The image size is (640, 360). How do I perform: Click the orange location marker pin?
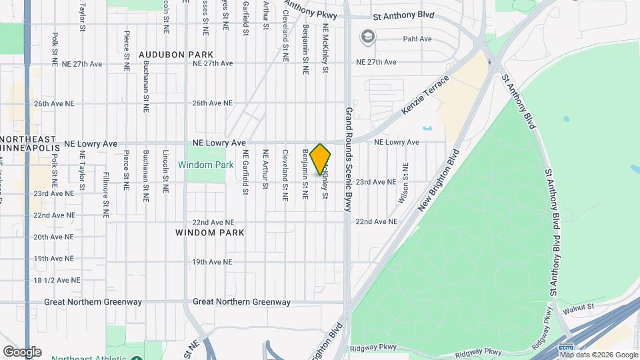tap(320, 159)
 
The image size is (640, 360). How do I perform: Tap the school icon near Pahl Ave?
tap(367, 37)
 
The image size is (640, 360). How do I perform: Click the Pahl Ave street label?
tap(417, 39)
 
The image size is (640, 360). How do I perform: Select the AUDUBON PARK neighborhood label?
tap(176, 54)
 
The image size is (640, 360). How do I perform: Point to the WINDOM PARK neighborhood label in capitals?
tap(210, 233)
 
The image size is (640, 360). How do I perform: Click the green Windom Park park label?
tap(205, 164)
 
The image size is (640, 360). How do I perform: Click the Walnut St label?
tap(577, 307)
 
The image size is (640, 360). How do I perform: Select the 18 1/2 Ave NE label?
tap(57, 281)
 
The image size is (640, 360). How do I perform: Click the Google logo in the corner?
tap(22, 352)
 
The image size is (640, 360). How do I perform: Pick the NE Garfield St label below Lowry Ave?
tap(245, 172)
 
